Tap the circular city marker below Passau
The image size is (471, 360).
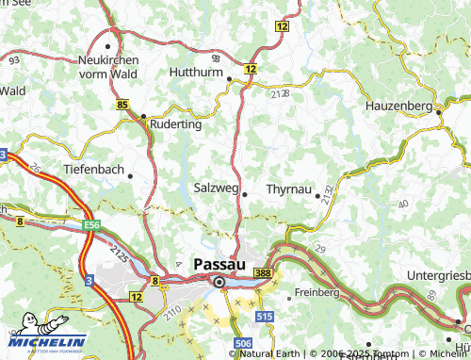219,281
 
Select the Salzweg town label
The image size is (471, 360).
217,188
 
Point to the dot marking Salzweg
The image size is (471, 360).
245,194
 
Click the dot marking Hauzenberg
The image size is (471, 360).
439,112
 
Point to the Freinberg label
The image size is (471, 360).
317,293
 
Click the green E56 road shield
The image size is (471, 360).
91,227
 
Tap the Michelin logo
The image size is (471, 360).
43,341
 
